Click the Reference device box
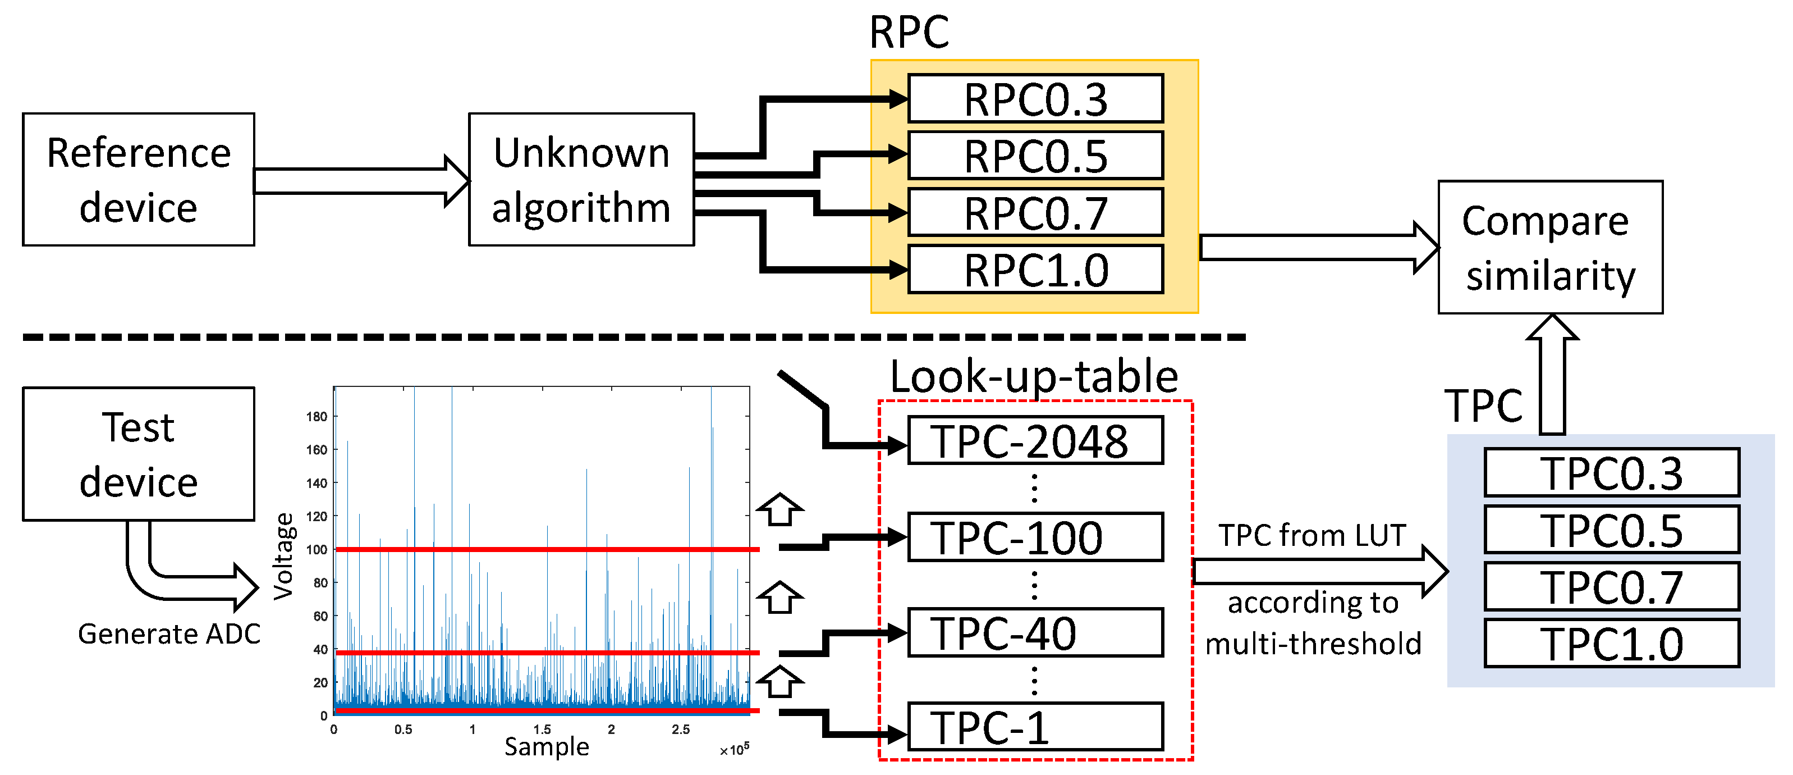point(138,180)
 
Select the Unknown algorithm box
point(581,180)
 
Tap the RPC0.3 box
point(1035,99)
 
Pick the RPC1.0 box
point(1035,270)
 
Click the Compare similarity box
point(1550,247)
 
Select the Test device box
point(138,454)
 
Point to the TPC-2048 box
point(1035,441)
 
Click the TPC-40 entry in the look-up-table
point(1035,633)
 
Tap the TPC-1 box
point(1035,728)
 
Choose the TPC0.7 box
point(1611,587)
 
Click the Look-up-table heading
point(1034,377)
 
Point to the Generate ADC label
point(169,633)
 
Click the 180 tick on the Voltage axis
point(317,416)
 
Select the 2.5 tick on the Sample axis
point(681,730)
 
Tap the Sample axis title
point(547,746)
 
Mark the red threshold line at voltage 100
point(547,549)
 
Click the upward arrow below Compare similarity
point(1552,376)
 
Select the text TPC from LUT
point(1312,535)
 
